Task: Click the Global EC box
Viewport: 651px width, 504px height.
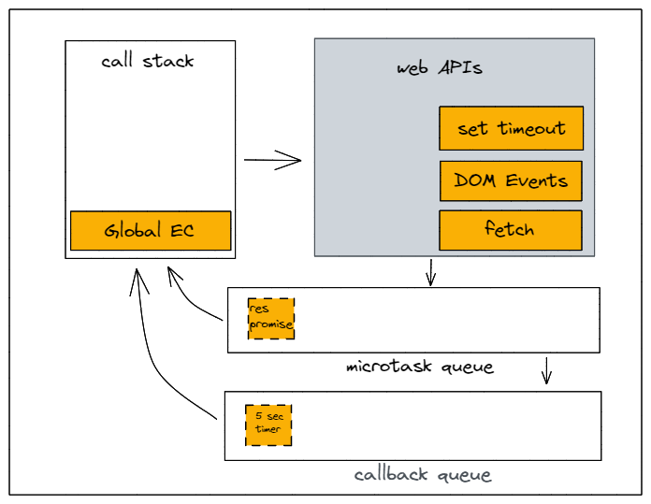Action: pos(150,230)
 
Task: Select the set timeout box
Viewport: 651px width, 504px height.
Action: pos(511,128)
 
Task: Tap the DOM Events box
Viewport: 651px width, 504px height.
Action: pos(511,180)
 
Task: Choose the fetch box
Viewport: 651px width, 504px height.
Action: pos(511,229)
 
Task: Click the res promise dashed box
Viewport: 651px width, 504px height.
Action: pos(271,318)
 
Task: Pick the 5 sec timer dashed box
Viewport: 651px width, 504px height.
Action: pos(268,424)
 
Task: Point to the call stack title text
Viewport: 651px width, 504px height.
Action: pos(148,62)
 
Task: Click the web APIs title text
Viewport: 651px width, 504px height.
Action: pos(440,69)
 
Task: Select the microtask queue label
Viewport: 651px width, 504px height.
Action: pos(418,367)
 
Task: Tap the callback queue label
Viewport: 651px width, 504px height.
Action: pos(422,474)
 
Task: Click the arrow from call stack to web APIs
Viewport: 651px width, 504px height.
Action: pos(272,160)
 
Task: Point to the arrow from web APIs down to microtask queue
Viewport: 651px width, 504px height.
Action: pos(430,272)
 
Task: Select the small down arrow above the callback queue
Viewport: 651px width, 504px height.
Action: pos(547,371)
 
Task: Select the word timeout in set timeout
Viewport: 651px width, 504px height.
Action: pos(530,128)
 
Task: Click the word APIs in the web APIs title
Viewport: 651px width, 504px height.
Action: pos(460,69)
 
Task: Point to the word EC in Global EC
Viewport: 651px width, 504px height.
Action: pos(181,230)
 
